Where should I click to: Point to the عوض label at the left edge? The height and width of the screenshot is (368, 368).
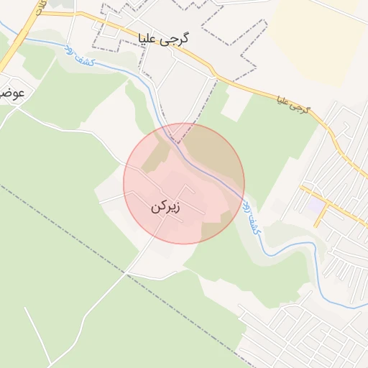tap(12, 94)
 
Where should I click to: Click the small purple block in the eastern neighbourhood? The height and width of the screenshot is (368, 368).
tap(316, 206)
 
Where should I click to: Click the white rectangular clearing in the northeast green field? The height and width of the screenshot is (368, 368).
tap(234, 105)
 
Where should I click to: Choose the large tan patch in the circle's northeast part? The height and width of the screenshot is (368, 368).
tap(212, 155)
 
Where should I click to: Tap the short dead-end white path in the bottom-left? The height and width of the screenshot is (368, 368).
tap(32, 323)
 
